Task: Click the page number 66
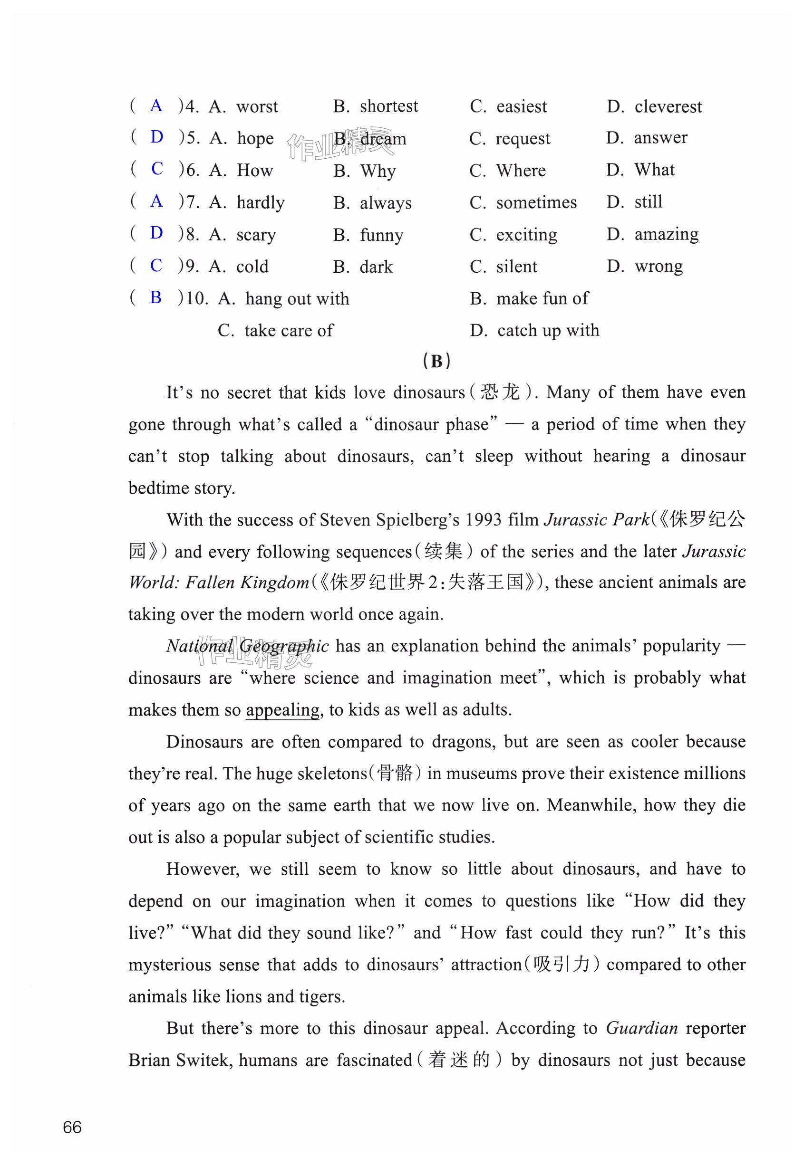(x=72, y=1127)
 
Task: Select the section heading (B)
(x=436, y=361)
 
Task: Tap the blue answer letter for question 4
(x=156, y=106)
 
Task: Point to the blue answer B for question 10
(x=155, y=297)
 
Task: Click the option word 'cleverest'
(x=668, y=107)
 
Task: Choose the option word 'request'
(x=523, y=139)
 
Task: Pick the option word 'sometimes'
(x=536, y=202)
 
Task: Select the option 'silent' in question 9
(x=516, y=267)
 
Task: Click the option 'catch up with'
(x=548, y=331)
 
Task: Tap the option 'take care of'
(x=289, y=331)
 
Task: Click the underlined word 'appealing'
(x=282, y=710)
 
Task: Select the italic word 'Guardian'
(x=641, y=1028)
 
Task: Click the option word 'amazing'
(x=666, y=235)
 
